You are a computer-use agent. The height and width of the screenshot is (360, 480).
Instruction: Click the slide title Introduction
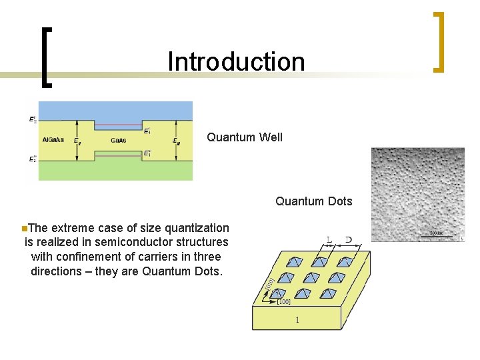(236, 61)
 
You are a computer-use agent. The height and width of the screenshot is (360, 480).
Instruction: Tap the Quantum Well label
(244, 137)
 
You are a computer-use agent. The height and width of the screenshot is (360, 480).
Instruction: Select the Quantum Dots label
(313, 201)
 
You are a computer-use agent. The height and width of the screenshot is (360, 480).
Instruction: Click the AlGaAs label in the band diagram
(53, 140)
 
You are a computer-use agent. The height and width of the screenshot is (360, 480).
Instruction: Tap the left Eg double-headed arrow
(78, 140)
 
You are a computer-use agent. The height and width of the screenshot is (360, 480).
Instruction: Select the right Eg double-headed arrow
(175, 140)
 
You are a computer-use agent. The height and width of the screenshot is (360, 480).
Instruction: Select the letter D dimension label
(349, 239)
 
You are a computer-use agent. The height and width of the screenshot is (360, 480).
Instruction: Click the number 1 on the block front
(297, 320)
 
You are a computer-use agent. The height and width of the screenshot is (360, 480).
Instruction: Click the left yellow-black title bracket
(46, 57)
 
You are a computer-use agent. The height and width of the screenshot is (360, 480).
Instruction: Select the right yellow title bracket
(438, 41)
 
